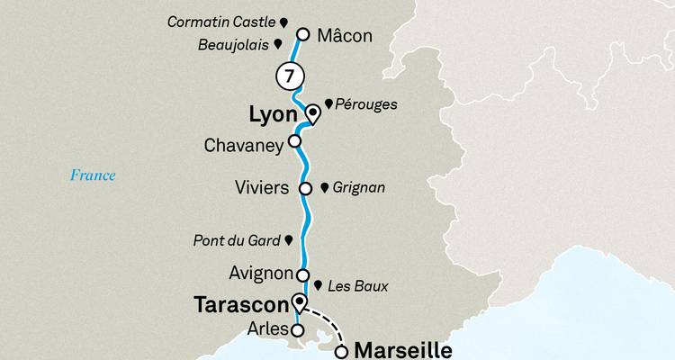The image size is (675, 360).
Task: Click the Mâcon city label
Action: point(346,36)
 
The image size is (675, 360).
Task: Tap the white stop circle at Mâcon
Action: point(303,35)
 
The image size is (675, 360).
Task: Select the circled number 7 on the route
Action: point(287,76)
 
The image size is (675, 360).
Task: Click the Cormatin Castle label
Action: point(222,20)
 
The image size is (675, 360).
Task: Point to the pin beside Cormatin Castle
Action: point(283,20)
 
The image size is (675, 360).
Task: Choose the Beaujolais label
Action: point(236,43)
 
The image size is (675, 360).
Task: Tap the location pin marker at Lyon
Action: point(312,113)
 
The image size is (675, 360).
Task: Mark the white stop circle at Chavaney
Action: point(293,141)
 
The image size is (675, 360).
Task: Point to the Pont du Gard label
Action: point(236,240)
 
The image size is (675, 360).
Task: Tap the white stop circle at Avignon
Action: point(303,275)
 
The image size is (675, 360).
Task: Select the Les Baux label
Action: point(358,287)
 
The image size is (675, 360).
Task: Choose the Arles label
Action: point(265,331)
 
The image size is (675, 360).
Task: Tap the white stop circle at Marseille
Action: point(341,352)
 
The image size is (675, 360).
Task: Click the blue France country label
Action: point(94,175)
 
